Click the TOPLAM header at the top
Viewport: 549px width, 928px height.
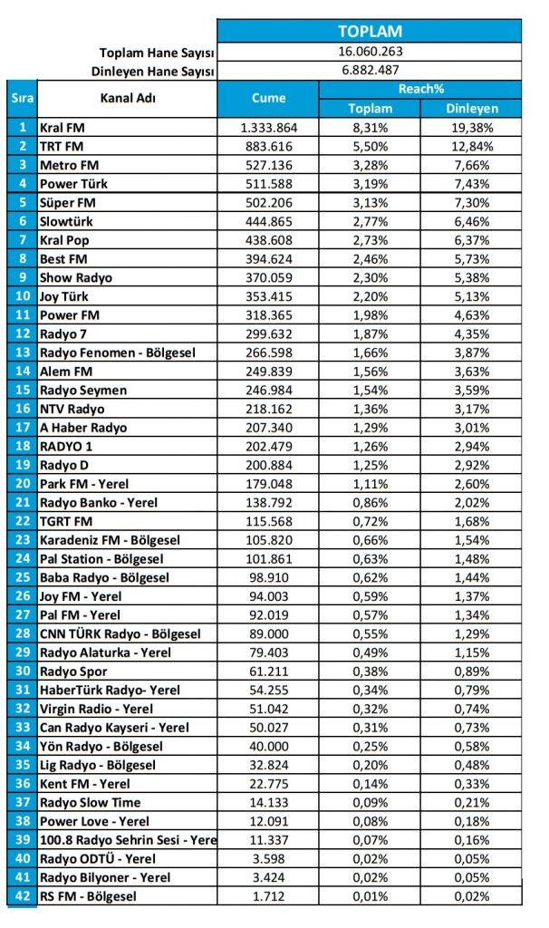click(x=370, y=32)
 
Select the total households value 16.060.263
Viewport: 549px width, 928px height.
click(x=370, y=52)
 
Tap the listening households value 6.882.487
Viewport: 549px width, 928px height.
click(x=370, y=70)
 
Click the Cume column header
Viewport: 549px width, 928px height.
click(x=268, y=98)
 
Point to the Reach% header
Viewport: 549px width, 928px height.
click(x=420, y=89)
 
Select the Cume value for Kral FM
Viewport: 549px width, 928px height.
click(x=268, y=128)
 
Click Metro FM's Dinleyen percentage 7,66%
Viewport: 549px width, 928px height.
click(x=471, y=165)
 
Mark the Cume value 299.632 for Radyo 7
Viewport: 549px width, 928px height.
click(x=268, y=333)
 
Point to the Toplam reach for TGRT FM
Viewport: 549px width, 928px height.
click(x=370, y=521)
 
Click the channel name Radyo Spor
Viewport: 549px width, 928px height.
click(x=73, y=671)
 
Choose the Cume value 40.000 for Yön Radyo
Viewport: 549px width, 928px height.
click(x=268, y=746)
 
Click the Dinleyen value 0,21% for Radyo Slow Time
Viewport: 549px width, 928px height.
click(x=471, y=802)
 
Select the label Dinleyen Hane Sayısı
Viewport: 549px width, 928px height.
click(x=153, y=71)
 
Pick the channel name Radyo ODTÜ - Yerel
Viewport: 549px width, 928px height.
click(x=98, y=858)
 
